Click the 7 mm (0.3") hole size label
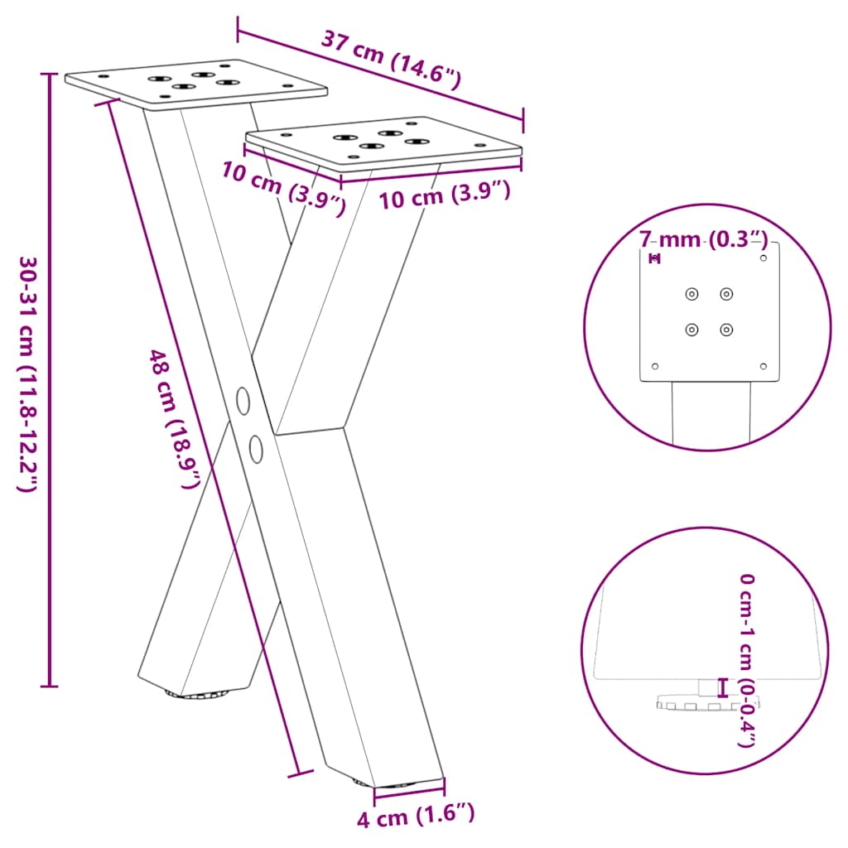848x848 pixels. pos(703,240)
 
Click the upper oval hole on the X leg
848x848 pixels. pos(243,400)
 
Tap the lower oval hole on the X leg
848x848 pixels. pos(256,448)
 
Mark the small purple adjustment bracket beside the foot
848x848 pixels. pos(723,687)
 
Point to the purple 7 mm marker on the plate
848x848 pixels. pos(655,259)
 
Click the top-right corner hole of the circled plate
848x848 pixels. pos(764,258)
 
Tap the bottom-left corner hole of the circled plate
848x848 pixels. pos(655,366)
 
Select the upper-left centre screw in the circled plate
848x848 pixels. pos(691,294)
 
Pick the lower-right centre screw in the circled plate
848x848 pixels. pos(726,330)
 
